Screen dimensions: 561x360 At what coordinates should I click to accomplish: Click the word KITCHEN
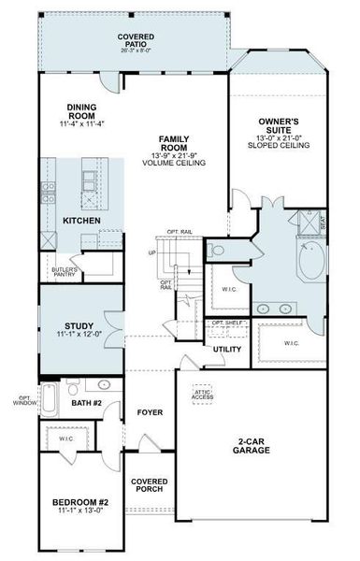(x=81, y=220)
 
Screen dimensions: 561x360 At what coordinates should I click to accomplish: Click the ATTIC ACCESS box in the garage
(x=203, y=394)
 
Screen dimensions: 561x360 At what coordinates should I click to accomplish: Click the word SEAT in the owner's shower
(x=323, y=224)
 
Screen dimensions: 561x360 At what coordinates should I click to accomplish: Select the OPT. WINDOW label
(x=25, y=401)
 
